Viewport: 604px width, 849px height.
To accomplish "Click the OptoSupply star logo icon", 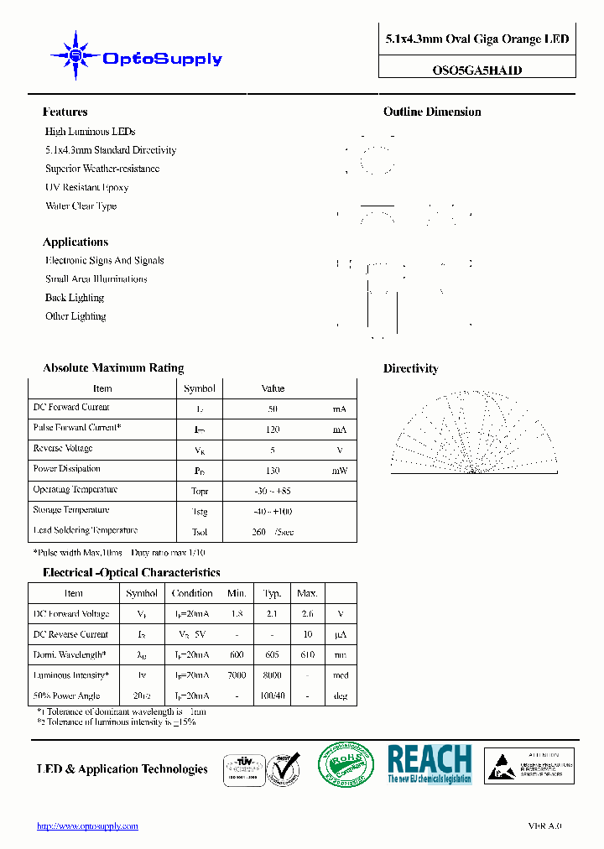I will (x=75, y=56).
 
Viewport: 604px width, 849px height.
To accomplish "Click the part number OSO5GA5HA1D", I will (x=476, y=70).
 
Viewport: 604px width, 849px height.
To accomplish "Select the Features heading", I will (x=65, y=112).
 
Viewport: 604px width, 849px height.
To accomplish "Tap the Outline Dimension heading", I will (x=432, y=112).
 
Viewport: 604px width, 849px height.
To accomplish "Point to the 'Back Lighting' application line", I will (x=75, y=298).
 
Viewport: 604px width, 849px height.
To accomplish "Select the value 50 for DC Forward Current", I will (x=273, y=409).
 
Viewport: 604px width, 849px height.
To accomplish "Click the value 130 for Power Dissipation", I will (x=273, y=471).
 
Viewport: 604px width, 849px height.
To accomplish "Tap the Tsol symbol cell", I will (x=200, y=532).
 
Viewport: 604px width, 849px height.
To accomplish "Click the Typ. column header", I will (x=272, y=593).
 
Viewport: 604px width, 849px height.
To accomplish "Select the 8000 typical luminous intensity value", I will (x=272, y=675).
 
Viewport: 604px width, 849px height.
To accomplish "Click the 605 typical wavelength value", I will (x=272, y=654).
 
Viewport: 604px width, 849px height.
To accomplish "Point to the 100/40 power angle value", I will (x=272, y=696).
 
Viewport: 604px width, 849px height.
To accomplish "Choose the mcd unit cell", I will (x=339, y=675).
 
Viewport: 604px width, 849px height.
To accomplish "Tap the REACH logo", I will (x=430, y=764).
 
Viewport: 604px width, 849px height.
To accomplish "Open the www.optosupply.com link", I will (x=87, y=826).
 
